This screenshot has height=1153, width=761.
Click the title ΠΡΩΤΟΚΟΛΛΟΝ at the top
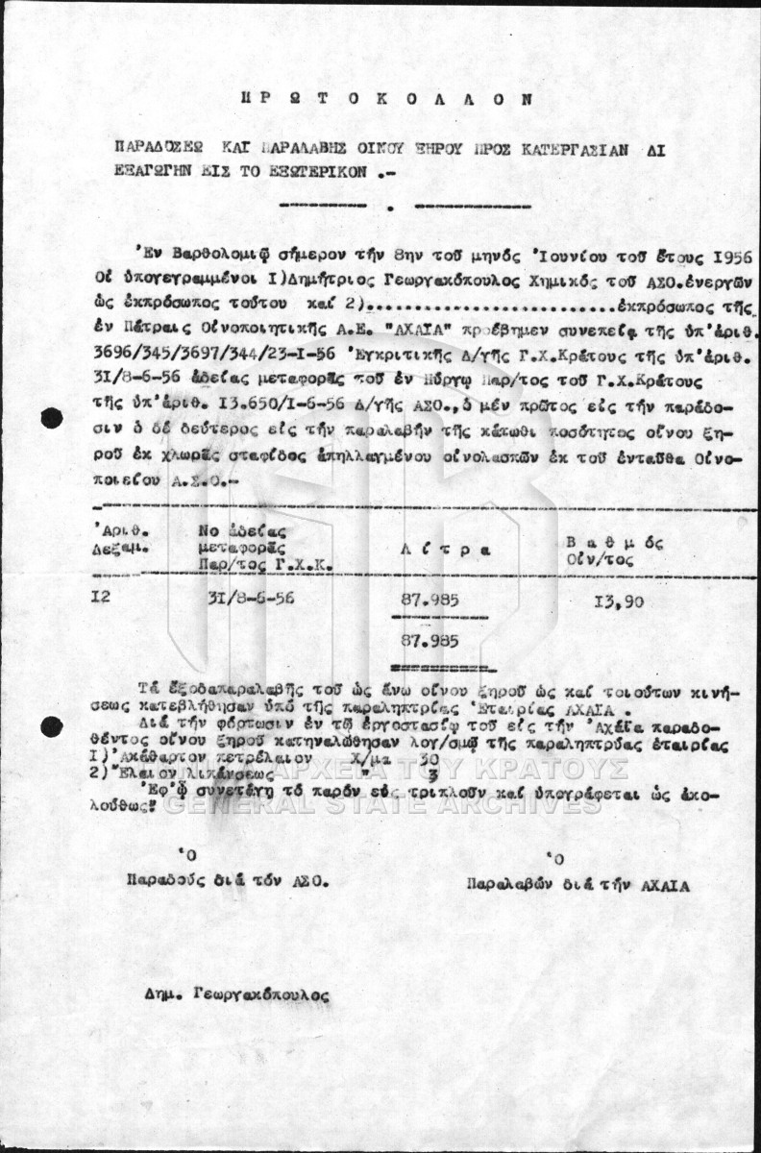(x=385, y=98)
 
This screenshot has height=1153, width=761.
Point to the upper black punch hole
(x=52, y=418)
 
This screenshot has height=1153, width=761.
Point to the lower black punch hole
(x=52, y=726)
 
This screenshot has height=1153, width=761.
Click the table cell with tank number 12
(x=101, y=597)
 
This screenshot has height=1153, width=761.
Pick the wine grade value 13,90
(x=619, y=601)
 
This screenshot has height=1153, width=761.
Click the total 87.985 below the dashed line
(x=430, y=640)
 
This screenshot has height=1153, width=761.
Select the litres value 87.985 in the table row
(x=430, y=601)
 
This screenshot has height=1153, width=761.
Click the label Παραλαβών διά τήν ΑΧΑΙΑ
(x=577, y=885)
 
